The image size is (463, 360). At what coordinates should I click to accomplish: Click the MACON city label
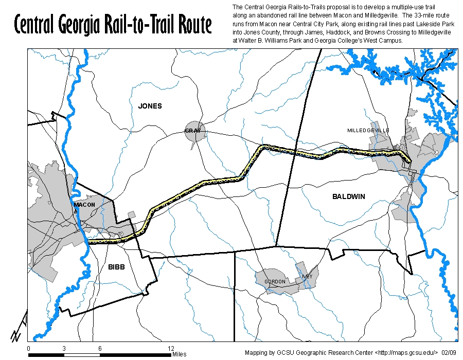point(84,205)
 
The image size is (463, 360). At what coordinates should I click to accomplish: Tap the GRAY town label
point(192,131)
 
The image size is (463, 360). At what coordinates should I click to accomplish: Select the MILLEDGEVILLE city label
point(368,131)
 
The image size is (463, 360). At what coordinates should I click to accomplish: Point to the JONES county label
point(150,106)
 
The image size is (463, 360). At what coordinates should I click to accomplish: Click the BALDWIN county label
point(349,196)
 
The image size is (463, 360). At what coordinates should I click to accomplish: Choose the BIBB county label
point(116,267)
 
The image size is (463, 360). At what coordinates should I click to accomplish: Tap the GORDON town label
point(275,282)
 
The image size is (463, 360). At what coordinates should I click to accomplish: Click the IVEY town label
point(307,277)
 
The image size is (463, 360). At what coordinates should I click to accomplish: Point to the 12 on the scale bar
point(171,348)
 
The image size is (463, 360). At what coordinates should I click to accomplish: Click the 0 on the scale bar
point(28,348)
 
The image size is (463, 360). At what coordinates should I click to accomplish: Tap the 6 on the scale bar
point(100,348)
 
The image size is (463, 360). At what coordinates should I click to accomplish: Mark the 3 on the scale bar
point(64,348)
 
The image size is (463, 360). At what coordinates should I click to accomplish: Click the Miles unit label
point(180,354)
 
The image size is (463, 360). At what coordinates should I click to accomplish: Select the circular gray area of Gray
point(195,132)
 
